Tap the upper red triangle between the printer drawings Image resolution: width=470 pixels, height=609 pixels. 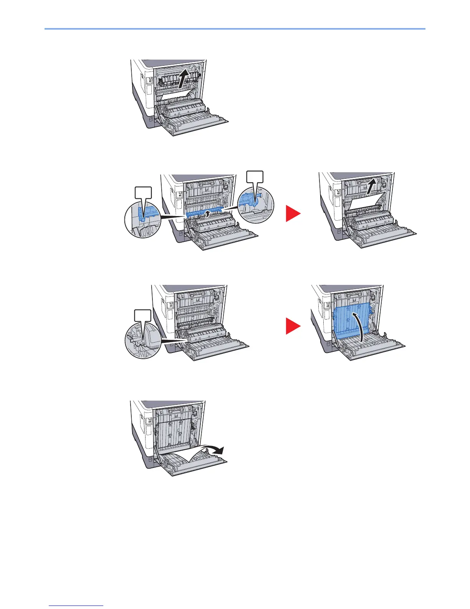pyautogui.click(x=293, y=214)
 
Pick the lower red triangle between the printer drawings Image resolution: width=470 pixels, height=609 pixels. pyautogui.click(x=293, y=327)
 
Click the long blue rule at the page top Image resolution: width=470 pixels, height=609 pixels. pyautogui.click(x=235, y=29)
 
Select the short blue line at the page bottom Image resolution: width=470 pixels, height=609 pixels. pyautogui.click(x=76, y=605)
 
